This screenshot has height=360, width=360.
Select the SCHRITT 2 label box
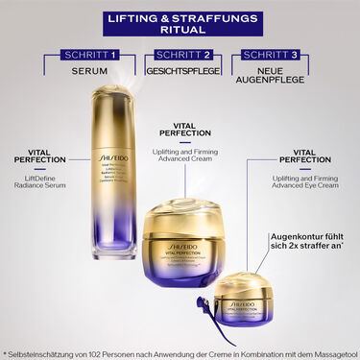[179, 56]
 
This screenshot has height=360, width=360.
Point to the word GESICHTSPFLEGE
[179, 72]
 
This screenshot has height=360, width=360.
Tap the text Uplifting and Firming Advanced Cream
[180, 158]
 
